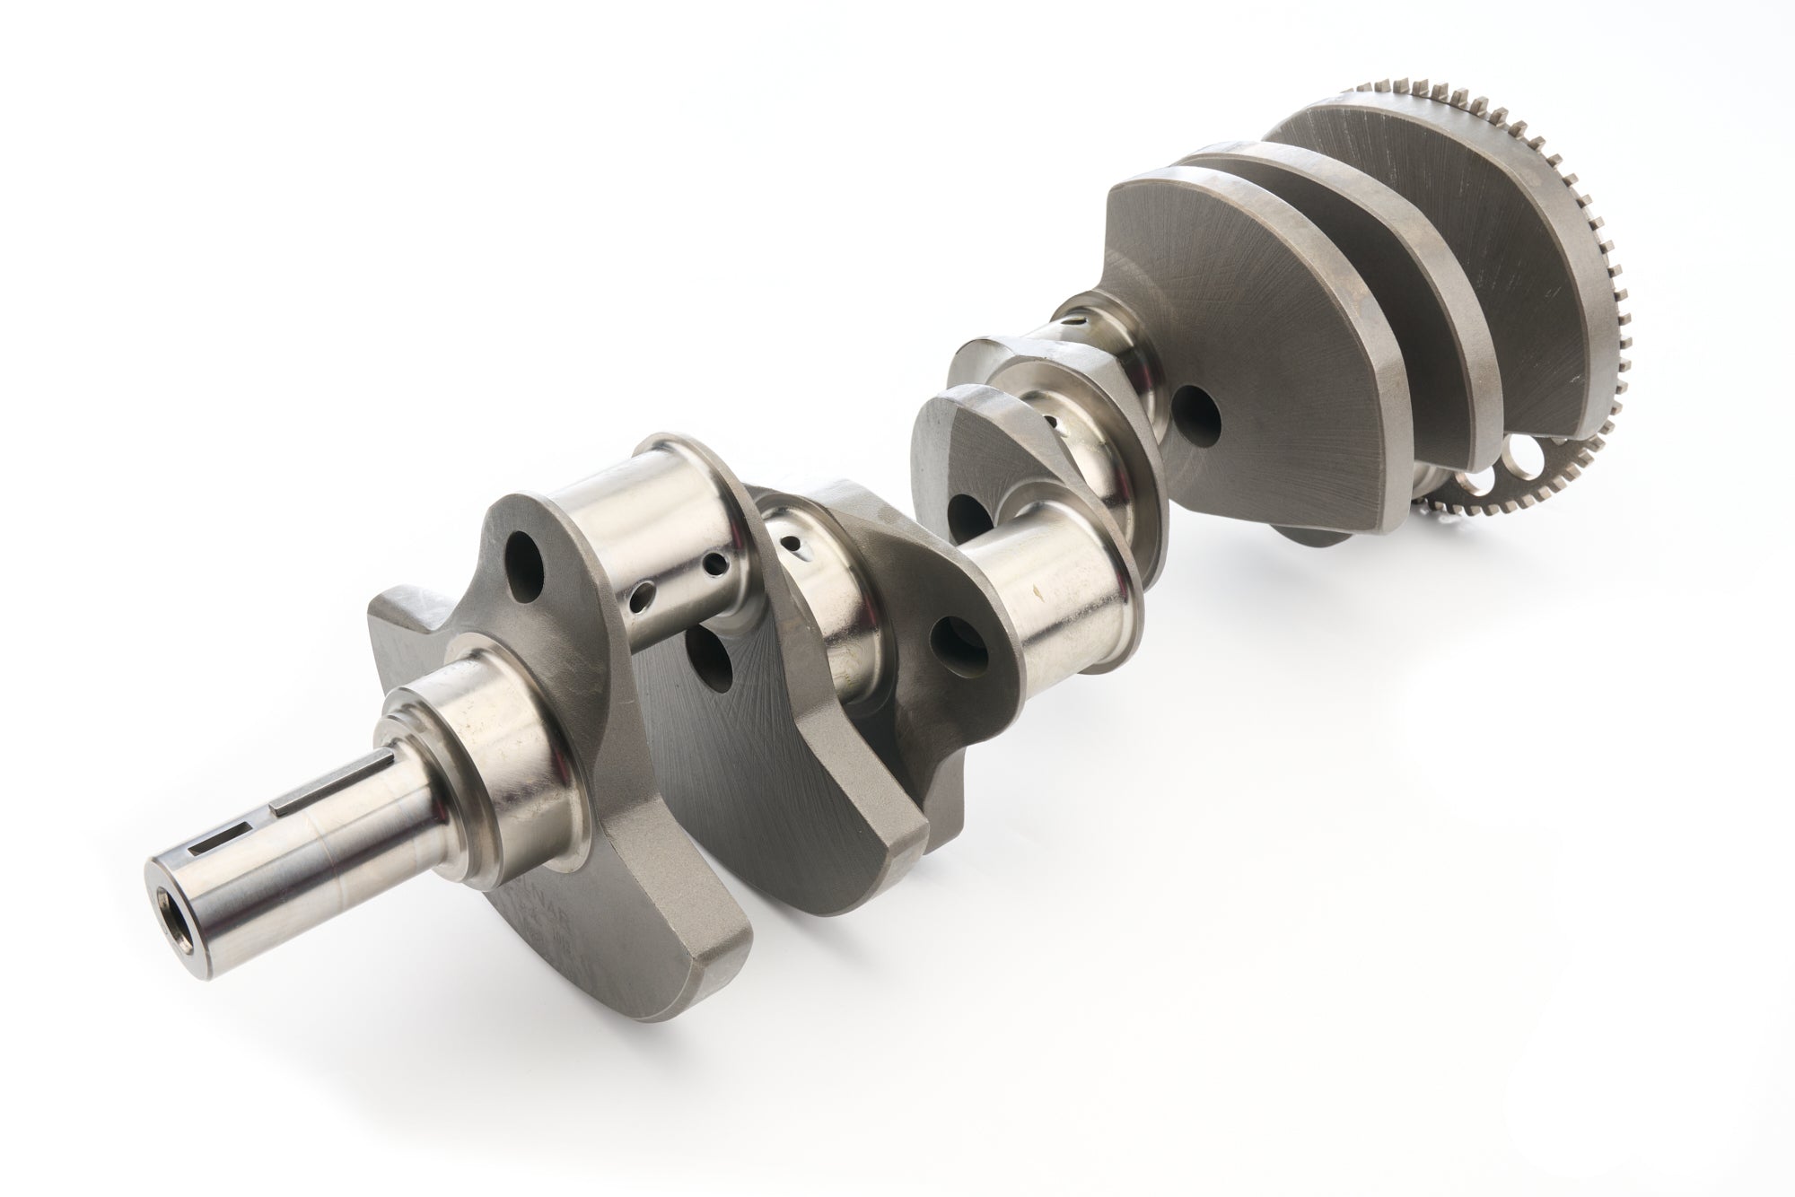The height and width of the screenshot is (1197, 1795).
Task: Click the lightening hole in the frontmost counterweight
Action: coord(524,581)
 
